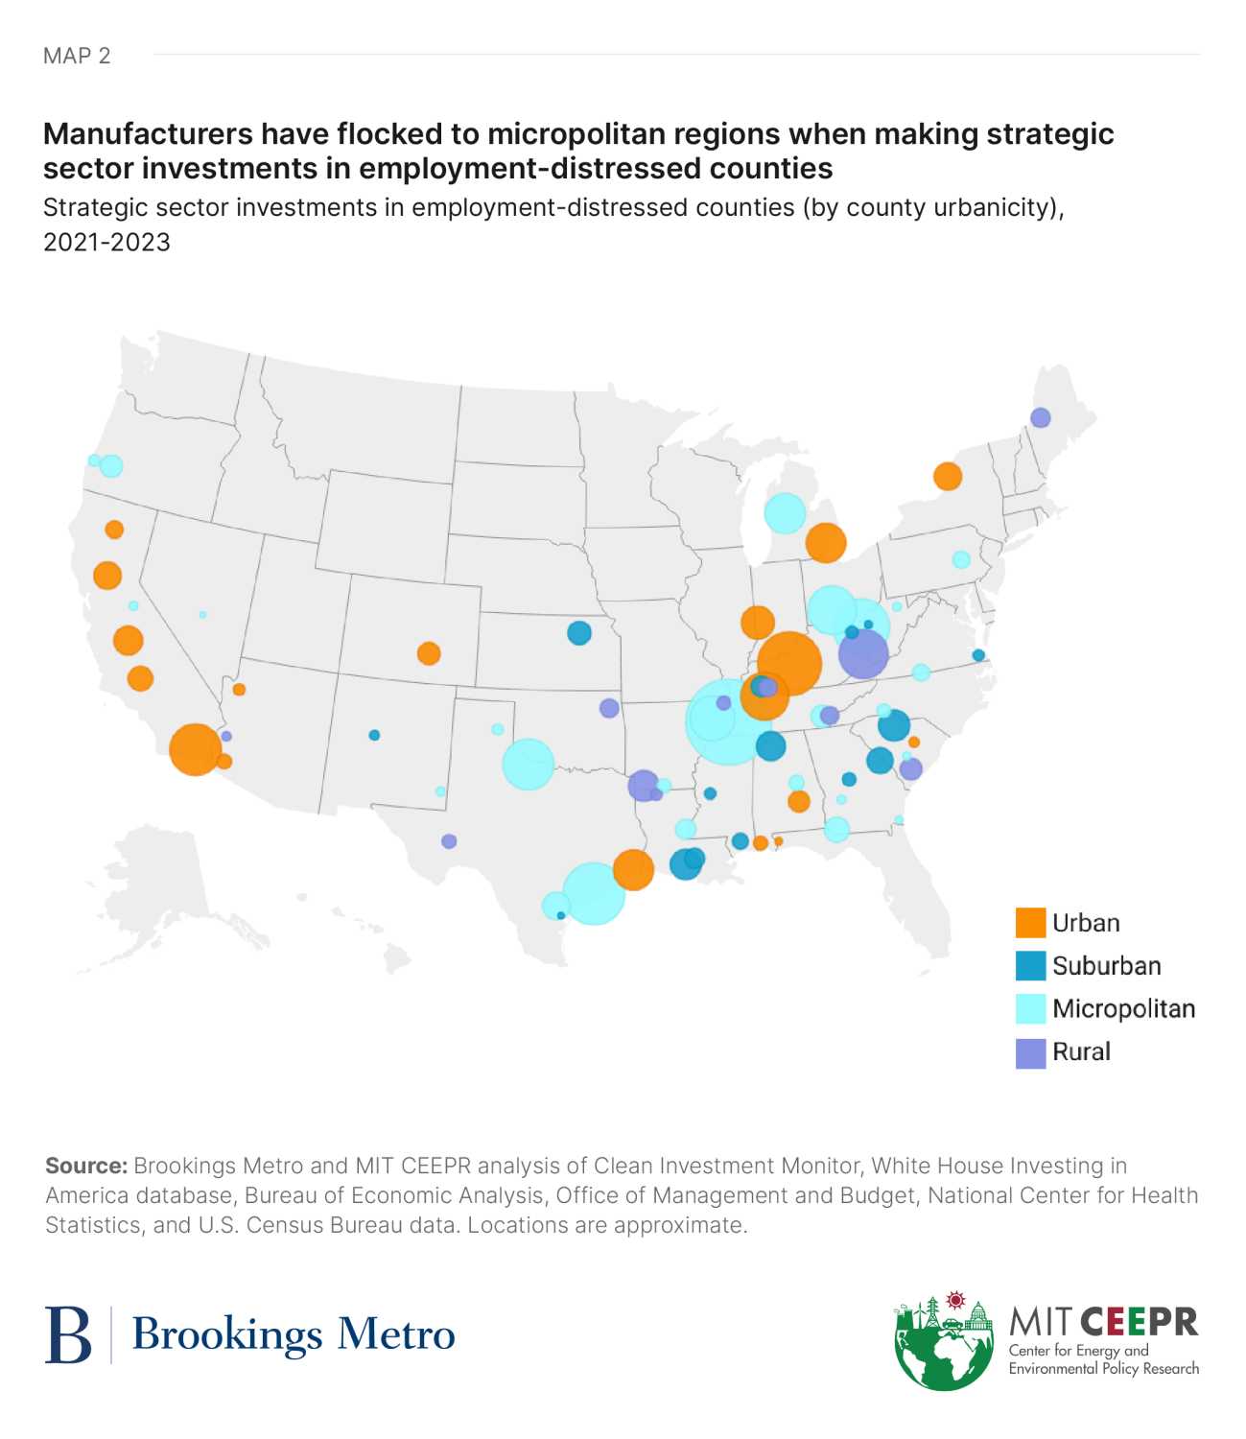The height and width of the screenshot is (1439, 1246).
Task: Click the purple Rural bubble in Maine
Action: tap(1040, 417)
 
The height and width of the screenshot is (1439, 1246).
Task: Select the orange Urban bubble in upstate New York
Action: tap(947, 476)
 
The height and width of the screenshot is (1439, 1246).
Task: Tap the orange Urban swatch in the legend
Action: tap(1030, 923)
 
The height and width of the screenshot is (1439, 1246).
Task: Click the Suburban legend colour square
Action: tap(1030, 966)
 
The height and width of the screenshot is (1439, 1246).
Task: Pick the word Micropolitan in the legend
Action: tap(1123, 1009)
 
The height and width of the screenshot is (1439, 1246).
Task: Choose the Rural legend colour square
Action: tap(1030, 1052)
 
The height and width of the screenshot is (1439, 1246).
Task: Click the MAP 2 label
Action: tap(77, 56)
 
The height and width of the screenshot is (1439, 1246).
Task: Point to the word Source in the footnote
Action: tap(85, 1166)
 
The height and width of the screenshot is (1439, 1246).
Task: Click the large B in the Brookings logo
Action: tap(68, 1334)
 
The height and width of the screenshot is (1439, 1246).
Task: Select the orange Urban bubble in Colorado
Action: tap(429, 653)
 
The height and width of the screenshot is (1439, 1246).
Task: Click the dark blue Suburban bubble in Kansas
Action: tap(578, 633)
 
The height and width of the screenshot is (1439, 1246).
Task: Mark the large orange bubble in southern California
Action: tap(195, 749)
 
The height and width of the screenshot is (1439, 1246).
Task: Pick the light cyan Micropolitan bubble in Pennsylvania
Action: tap(961, 559)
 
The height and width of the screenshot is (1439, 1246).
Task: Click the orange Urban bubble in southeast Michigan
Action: tap(825, 543)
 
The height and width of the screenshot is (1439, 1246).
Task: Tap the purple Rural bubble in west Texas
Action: tap(449, 841)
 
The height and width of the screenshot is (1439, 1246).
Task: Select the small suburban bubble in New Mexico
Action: tap(374, 735)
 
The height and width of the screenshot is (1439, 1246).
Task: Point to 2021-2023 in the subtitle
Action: tap(106, 242)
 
